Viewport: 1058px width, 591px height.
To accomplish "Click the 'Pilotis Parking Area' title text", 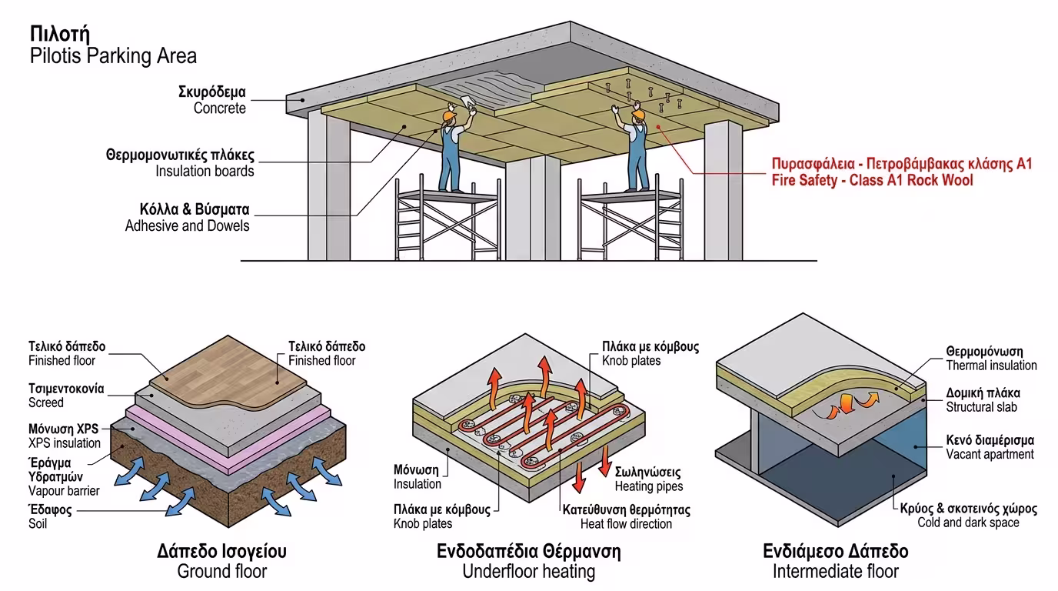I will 113,56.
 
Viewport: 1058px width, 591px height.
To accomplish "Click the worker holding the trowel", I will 451,150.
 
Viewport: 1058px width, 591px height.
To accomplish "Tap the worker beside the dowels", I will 636,150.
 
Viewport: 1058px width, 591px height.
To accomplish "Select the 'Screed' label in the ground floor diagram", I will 46,402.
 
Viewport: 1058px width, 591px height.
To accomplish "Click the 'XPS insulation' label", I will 65,443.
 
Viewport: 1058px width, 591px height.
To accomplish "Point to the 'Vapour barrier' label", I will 64,491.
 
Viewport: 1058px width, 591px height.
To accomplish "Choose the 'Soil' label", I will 38,523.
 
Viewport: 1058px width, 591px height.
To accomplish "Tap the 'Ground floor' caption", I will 221,571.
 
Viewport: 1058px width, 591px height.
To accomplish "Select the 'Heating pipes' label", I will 649,486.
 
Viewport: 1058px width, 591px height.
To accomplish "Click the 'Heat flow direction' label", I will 627,523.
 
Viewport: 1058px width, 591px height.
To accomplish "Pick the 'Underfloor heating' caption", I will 528,571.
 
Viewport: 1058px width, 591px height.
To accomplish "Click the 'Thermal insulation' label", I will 991,366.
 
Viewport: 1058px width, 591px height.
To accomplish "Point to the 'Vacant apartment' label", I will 990,454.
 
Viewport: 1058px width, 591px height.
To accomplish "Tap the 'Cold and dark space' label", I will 968,523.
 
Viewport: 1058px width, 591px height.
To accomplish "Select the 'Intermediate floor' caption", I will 835,571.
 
